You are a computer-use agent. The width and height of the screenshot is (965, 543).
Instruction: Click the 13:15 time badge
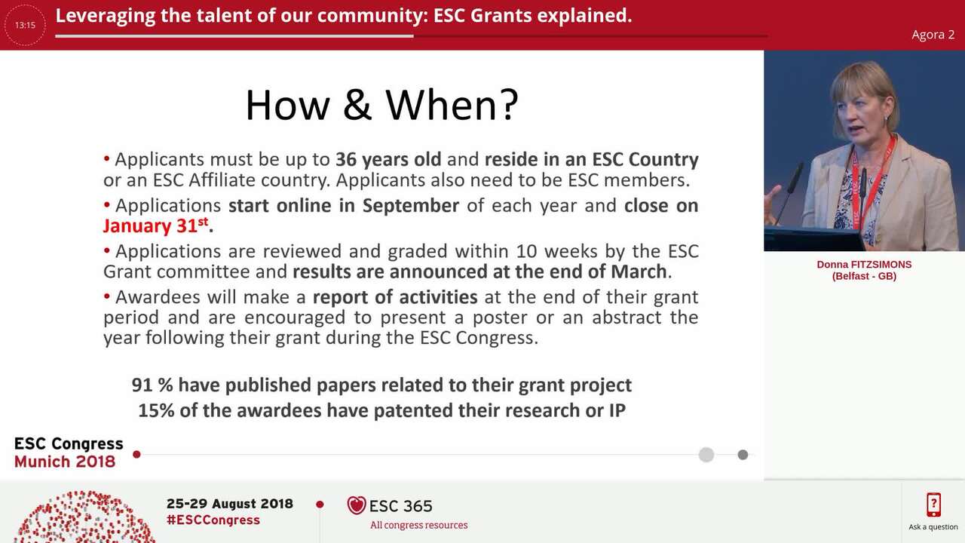[x=25, y=25]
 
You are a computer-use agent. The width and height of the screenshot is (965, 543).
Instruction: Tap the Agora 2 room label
[x=933, y=35]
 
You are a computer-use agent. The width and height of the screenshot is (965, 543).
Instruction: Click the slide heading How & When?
[x=381, y=104]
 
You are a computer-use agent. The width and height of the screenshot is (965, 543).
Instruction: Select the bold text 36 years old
[x=388, y=160]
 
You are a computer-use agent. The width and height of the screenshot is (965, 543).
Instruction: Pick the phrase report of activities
[x=395, y=296]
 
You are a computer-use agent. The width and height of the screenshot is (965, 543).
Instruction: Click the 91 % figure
[x=152, y=385]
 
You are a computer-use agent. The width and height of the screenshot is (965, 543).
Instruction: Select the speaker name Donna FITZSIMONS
[x=864, y=265]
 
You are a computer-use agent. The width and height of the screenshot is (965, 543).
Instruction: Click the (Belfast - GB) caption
[x=864, y=276]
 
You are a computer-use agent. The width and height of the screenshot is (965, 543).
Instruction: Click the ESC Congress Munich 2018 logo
[x=69, y=452]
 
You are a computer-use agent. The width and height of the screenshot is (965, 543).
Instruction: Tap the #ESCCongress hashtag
[x=213, y=520]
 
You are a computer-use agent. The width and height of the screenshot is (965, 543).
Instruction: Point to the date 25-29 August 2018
[x=229, y=504]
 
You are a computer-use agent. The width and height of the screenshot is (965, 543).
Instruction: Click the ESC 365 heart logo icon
[x=357, y=505]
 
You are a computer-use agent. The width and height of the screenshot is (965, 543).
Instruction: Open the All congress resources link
[x=418, y=525]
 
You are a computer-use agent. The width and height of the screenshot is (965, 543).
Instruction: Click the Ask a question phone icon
[x=933, y=505]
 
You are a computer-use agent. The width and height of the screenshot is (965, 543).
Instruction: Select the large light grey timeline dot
[x=706, y=454]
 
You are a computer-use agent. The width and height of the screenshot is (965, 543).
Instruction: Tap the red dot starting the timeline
[x=136, y=454]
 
